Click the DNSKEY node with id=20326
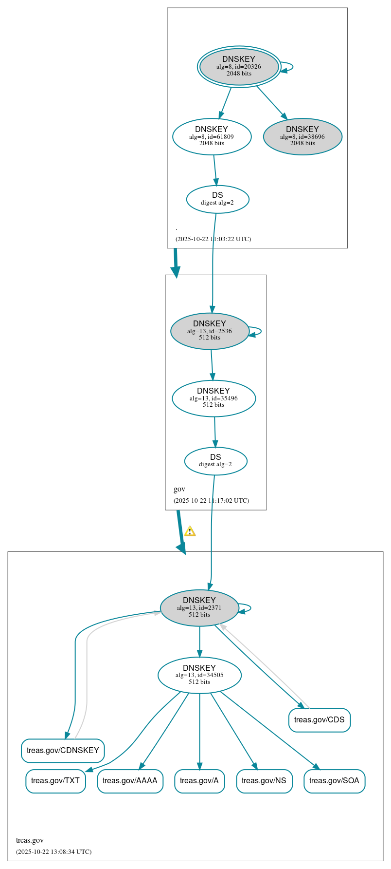[x=239, y=67]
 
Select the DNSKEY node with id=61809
[x=212, y=137]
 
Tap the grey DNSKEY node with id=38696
[x=302, y=137]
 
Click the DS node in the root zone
[x=217, y=199]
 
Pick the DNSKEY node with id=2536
[x=210, y=331]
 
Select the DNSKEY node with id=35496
[x=213, y=398]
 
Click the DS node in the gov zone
[x=215, y=461]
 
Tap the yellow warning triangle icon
[x=190, y=531]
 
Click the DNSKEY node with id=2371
[x=199, y=608]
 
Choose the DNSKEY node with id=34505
[x=199, y=675]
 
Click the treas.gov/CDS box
[x=319, y=720]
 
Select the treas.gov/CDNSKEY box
[x=63, y=751]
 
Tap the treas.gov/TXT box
[x=55, y=781]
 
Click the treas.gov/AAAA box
[x=130, y=781]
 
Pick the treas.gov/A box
[x=199, y=781]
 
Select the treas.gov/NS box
[x=264, y=781]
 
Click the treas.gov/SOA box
[x=334, y=781]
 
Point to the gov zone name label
[x=179, y=489]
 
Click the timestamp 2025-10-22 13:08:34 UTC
[x=53, y=852]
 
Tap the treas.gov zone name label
[x=30, y=840]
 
